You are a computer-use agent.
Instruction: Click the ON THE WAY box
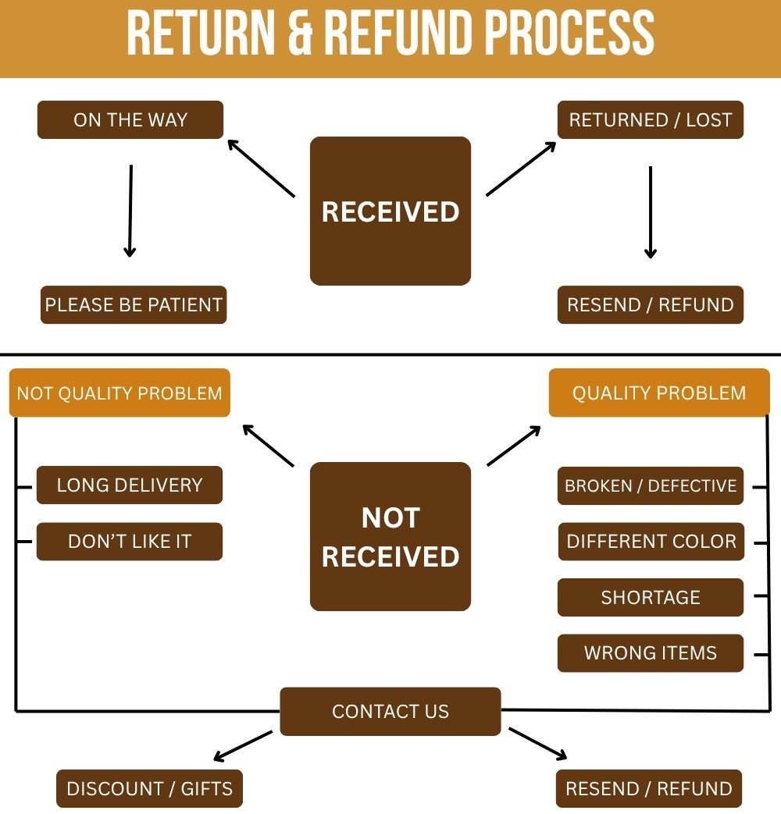point(130,120)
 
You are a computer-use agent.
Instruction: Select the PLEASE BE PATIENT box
point(134,304)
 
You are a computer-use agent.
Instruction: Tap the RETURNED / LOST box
point(650,120)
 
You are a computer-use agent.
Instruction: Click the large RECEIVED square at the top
point(390,211)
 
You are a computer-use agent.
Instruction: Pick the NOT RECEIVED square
point(390,536)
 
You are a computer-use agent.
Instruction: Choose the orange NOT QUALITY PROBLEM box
point(119,393)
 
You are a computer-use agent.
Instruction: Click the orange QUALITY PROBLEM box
point(659,393)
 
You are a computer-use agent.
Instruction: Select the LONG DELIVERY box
point(130,485)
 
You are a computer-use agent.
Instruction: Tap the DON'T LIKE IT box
point(130,542)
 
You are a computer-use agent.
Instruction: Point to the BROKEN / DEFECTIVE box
point(651,486)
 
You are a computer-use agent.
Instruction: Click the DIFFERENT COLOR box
point(651,542)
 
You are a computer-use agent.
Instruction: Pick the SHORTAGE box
point(651,598)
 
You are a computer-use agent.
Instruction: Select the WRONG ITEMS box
point(651,653)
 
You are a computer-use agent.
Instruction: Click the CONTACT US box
point(390,711)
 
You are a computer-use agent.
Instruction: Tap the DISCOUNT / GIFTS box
point(149,788)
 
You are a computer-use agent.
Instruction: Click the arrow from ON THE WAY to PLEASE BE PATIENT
point(130,211)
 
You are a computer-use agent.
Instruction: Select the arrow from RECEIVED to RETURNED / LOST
point(521,169)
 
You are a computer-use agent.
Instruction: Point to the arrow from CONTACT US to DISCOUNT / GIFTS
point(243,745)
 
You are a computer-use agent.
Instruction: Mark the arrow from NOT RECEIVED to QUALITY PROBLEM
point(514,446)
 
